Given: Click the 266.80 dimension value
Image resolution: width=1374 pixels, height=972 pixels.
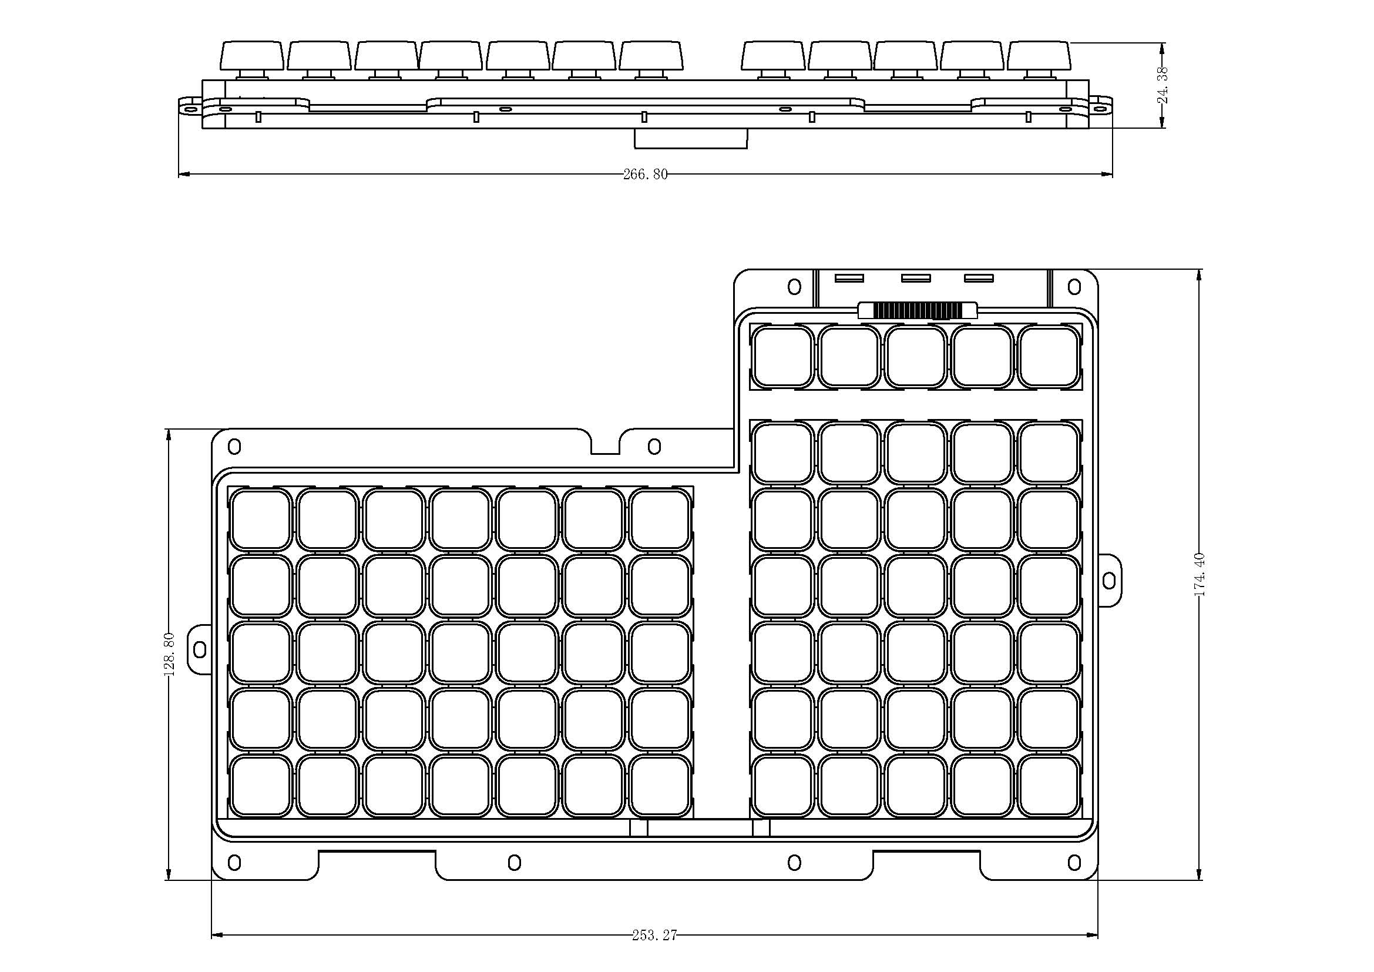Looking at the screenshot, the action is [x=645, y=175].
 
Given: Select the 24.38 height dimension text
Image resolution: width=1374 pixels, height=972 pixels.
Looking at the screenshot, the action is [x=1163, y=85].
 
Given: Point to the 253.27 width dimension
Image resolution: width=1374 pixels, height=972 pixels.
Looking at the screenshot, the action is [x=654, y=935].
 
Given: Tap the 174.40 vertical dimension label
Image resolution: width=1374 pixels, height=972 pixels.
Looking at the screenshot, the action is [x=1200, y=575].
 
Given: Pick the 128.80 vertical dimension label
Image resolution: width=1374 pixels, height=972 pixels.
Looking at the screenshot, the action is [x=169, y=654].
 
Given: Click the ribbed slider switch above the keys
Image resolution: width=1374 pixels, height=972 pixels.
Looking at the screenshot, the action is [x=918, y=310].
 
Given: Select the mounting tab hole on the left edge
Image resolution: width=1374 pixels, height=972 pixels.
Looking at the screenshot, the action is [x=200, y=649].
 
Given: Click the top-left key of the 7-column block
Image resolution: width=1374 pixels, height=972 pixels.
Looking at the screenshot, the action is [x=261, y=519].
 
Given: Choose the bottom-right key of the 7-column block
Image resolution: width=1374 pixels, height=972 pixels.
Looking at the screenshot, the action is [x=660, y=786].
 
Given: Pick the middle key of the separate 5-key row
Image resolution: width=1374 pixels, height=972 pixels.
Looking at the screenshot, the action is [x=916, y=357].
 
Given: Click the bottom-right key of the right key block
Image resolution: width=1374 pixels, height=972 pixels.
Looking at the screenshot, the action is [x=1049, y=786].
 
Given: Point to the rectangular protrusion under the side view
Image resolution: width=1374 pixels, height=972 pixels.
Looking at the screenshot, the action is [x=691, y=138].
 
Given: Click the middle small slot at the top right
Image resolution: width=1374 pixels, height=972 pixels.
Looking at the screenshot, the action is [x=916, y=278].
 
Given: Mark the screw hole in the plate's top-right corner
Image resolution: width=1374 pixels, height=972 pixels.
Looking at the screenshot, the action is [x=1074, y=287].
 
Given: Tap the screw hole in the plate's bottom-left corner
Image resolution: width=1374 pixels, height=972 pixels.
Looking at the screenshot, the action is [x=234, y=863].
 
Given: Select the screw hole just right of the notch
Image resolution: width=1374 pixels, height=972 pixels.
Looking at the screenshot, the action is [x=654, y=447].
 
